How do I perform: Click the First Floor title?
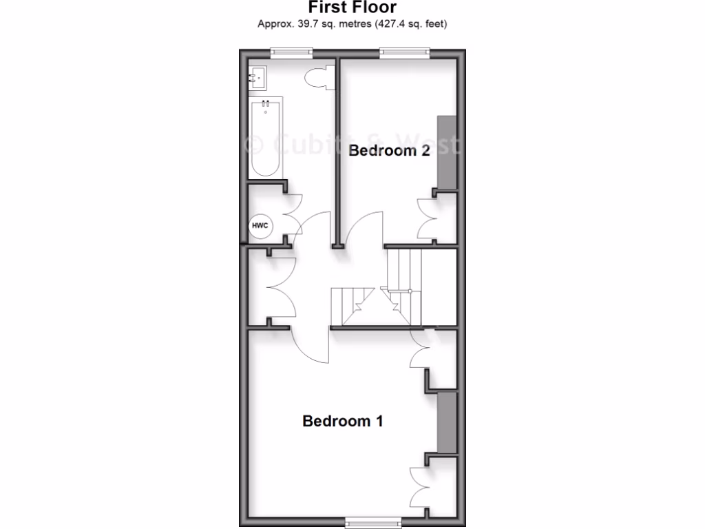(352, 8)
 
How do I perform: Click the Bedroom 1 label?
(342, 421)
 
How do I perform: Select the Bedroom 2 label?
(389, 151)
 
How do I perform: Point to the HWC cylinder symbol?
(260, 226)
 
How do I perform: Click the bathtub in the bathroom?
(265, 138)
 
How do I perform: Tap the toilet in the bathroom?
(319, 78)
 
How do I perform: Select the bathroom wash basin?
(258, 78)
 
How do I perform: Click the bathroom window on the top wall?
(291, 52)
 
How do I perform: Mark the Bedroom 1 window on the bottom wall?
(372, 520)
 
